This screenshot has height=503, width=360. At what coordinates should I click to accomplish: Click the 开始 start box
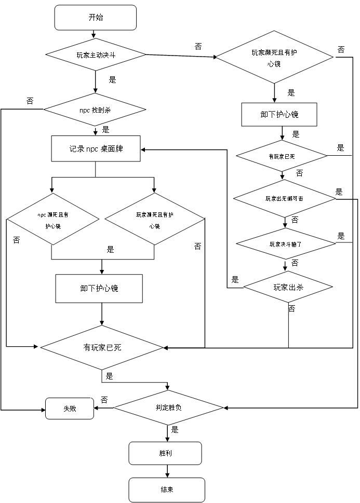pos(96,18)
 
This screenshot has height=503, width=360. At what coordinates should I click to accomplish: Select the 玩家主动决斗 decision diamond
pos(96,55)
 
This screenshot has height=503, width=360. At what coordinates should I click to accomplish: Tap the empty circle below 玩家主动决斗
pos(112,79)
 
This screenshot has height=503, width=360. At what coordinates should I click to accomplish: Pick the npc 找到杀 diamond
pos(95,110)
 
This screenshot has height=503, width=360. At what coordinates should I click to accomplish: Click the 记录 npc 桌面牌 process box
pos(96,149)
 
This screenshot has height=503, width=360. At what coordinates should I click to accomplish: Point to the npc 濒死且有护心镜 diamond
pos(53,220)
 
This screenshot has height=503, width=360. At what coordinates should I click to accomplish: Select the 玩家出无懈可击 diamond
pos(284,198)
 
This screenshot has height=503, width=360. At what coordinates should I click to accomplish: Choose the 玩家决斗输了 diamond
pos(285,243)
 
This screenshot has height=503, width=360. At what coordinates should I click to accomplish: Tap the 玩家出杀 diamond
pos(288,287)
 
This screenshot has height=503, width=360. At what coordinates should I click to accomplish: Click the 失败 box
pos(70,409)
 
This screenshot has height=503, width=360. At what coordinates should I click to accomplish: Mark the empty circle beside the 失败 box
pos(104,400)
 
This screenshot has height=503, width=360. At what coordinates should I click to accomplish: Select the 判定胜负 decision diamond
pos(168,407)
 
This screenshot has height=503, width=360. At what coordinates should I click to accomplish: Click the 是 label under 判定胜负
pos(175,430)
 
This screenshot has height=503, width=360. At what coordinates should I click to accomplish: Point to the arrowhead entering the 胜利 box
pos(167,439)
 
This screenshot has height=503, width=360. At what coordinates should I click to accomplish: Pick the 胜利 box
pos(165,453)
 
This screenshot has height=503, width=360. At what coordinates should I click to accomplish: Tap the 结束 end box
pos(167,490)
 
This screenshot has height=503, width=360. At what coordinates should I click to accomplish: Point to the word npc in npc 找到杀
pos(85,110)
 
